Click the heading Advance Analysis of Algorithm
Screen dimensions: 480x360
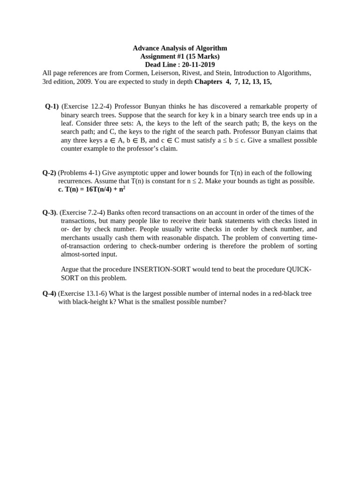[180, 48]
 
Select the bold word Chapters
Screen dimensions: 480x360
[208, 82]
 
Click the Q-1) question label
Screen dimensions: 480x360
[52, 106]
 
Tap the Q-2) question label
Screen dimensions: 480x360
[49, 173]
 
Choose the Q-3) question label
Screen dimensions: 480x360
[49, 212]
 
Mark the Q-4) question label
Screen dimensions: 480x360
[49, 293]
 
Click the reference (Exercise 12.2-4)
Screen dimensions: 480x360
[87, 106]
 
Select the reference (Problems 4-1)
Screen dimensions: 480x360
[79, 173]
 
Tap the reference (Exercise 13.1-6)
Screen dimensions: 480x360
[82, 293]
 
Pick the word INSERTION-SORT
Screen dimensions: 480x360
[162, 270]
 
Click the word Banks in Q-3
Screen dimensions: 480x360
[116, 212]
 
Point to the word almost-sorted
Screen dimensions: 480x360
[83, 254]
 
